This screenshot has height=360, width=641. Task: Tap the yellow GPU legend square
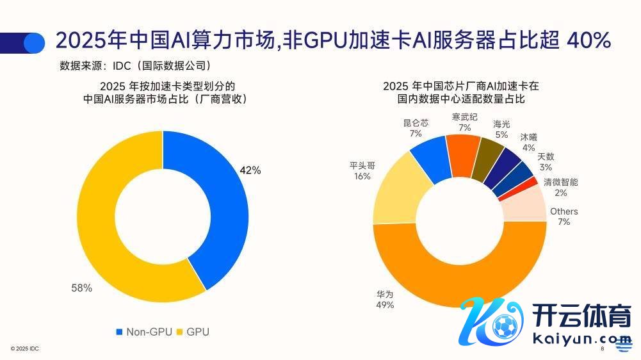[180, 332]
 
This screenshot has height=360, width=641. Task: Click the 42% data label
[250, 170]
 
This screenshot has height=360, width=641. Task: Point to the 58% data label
[81, 288]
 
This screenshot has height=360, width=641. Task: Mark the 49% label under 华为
[385, 306]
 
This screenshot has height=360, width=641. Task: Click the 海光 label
[501, 124]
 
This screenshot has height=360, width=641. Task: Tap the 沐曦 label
[529, 137]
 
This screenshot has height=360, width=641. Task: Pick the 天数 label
[546, 156]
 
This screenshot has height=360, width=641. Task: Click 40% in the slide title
[589, 41]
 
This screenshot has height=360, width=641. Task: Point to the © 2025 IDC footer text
[26, 348]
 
